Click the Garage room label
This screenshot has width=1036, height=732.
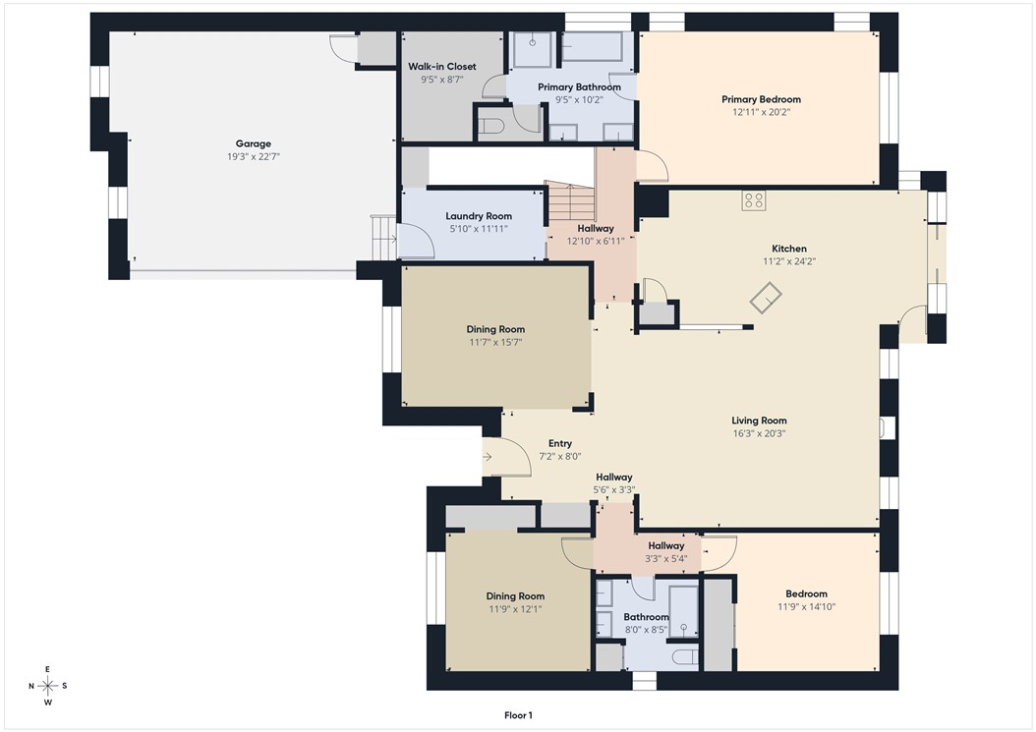253,143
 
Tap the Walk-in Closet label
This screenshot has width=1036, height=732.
442,66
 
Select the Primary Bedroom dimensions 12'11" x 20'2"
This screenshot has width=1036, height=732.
761,112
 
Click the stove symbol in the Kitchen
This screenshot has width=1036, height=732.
753,200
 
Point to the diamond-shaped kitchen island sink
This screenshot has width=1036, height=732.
766,298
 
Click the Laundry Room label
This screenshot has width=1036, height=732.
479,216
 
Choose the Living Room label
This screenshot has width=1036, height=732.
759,421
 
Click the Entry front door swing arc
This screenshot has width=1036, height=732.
519,449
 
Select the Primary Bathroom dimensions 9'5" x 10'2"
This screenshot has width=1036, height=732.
579,100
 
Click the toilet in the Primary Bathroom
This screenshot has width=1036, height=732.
490,126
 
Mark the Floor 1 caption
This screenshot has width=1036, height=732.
518,715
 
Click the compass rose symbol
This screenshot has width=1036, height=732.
47,686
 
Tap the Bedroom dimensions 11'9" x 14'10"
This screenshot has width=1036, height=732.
806,606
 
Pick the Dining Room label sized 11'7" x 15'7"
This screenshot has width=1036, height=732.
495,329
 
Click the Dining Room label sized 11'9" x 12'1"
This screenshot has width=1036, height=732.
515,595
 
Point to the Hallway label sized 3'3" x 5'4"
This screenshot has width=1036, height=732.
666,545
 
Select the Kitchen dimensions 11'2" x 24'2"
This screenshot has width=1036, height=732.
789,261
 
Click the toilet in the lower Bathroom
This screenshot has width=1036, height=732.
685,656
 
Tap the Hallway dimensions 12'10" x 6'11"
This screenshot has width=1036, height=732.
596,241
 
